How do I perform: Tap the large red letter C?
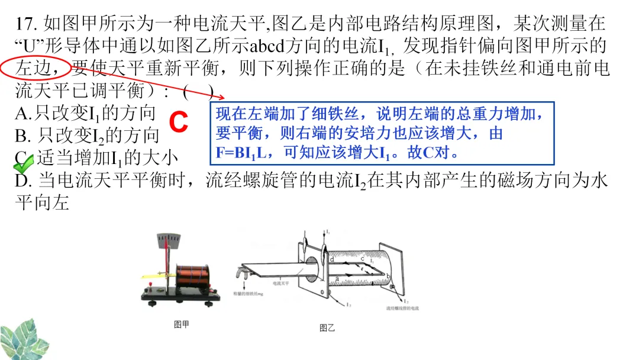pyautogui.click(x=179, y=123)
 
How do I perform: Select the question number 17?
pyautogui.click(x=27, y=24)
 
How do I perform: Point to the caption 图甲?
pyautogui.click(x=181, y=324)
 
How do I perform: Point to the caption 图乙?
pyautogui.click(x=327, y=327)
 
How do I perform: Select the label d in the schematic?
pyautogui.click(x=332, y=259)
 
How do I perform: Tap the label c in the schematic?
pyautogui.click(x=362, y=259)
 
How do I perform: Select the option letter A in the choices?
pyautogui.click(x=22, y=112)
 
